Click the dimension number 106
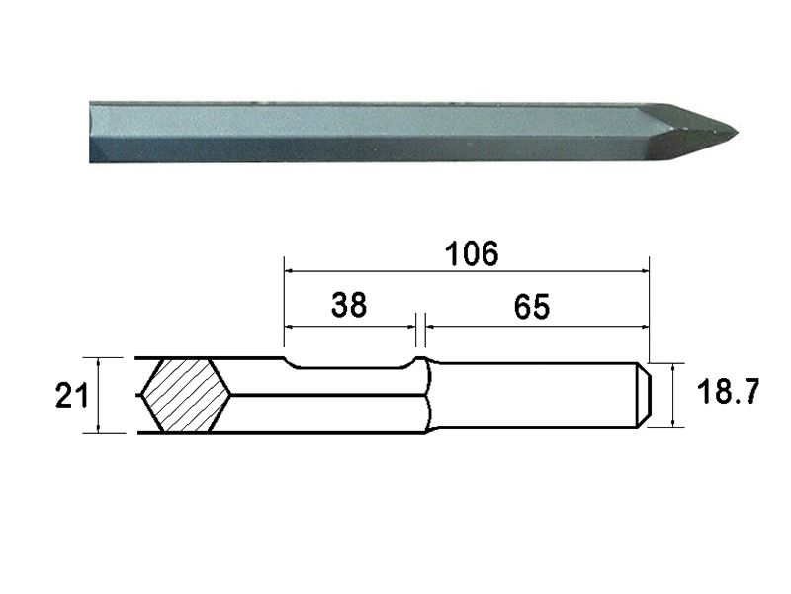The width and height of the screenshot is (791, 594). [x=471, y=252]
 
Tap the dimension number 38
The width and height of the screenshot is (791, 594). [x=349, y=305]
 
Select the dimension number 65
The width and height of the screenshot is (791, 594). [x=531, y=307]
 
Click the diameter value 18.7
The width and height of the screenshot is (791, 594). [x=728, y=394]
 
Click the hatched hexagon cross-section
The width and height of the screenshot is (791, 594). [x=185, y=395]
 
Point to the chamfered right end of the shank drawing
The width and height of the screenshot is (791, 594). [x=642, y=395]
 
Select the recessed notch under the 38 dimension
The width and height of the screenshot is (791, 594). [x=350, y=366]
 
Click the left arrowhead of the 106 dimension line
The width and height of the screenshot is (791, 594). [x=289, y=268]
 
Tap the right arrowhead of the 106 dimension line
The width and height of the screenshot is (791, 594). [x=644, y=268]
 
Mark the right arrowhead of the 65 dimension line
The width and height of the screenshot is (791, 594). [x=644, y=325]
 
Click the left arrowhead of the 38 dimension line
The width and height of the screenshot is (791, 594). [x=289, y=325]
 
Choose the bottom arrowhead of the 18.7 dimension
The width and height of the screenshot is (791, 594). [x=675, y=423]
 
